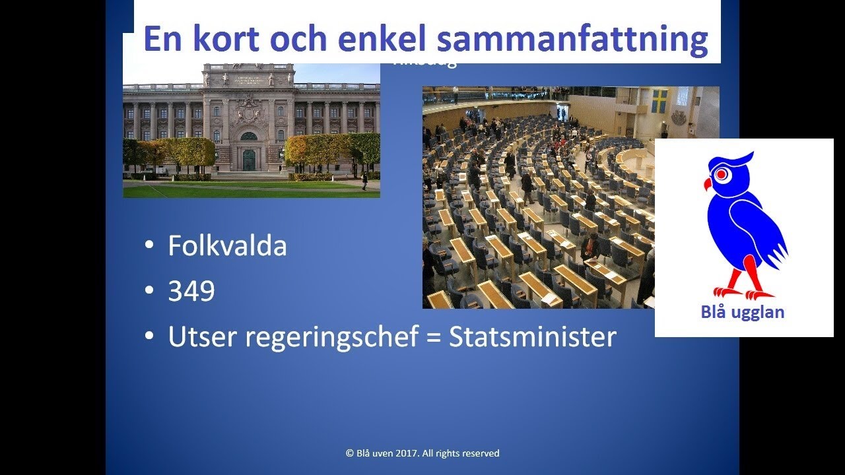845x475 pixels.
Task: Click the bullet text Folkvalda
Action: click(227, 246)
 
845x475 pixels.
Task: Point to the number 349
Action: click(191, 292)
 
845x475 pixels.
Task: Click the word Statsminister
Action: click(533, 337)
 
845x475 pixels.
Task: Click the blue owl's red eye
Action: click(722, 174)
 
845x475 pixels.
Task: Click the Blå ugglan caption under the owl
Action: click(743, 312)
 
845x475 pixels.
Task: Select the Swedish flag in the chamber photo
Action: click(659, 101)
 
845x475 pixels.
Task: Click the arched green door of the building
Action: click(249, 160)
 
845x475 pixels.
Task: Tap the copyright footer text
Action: click(422, 453)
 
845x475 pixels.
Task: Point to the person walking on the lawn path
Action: click(364, 180)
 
